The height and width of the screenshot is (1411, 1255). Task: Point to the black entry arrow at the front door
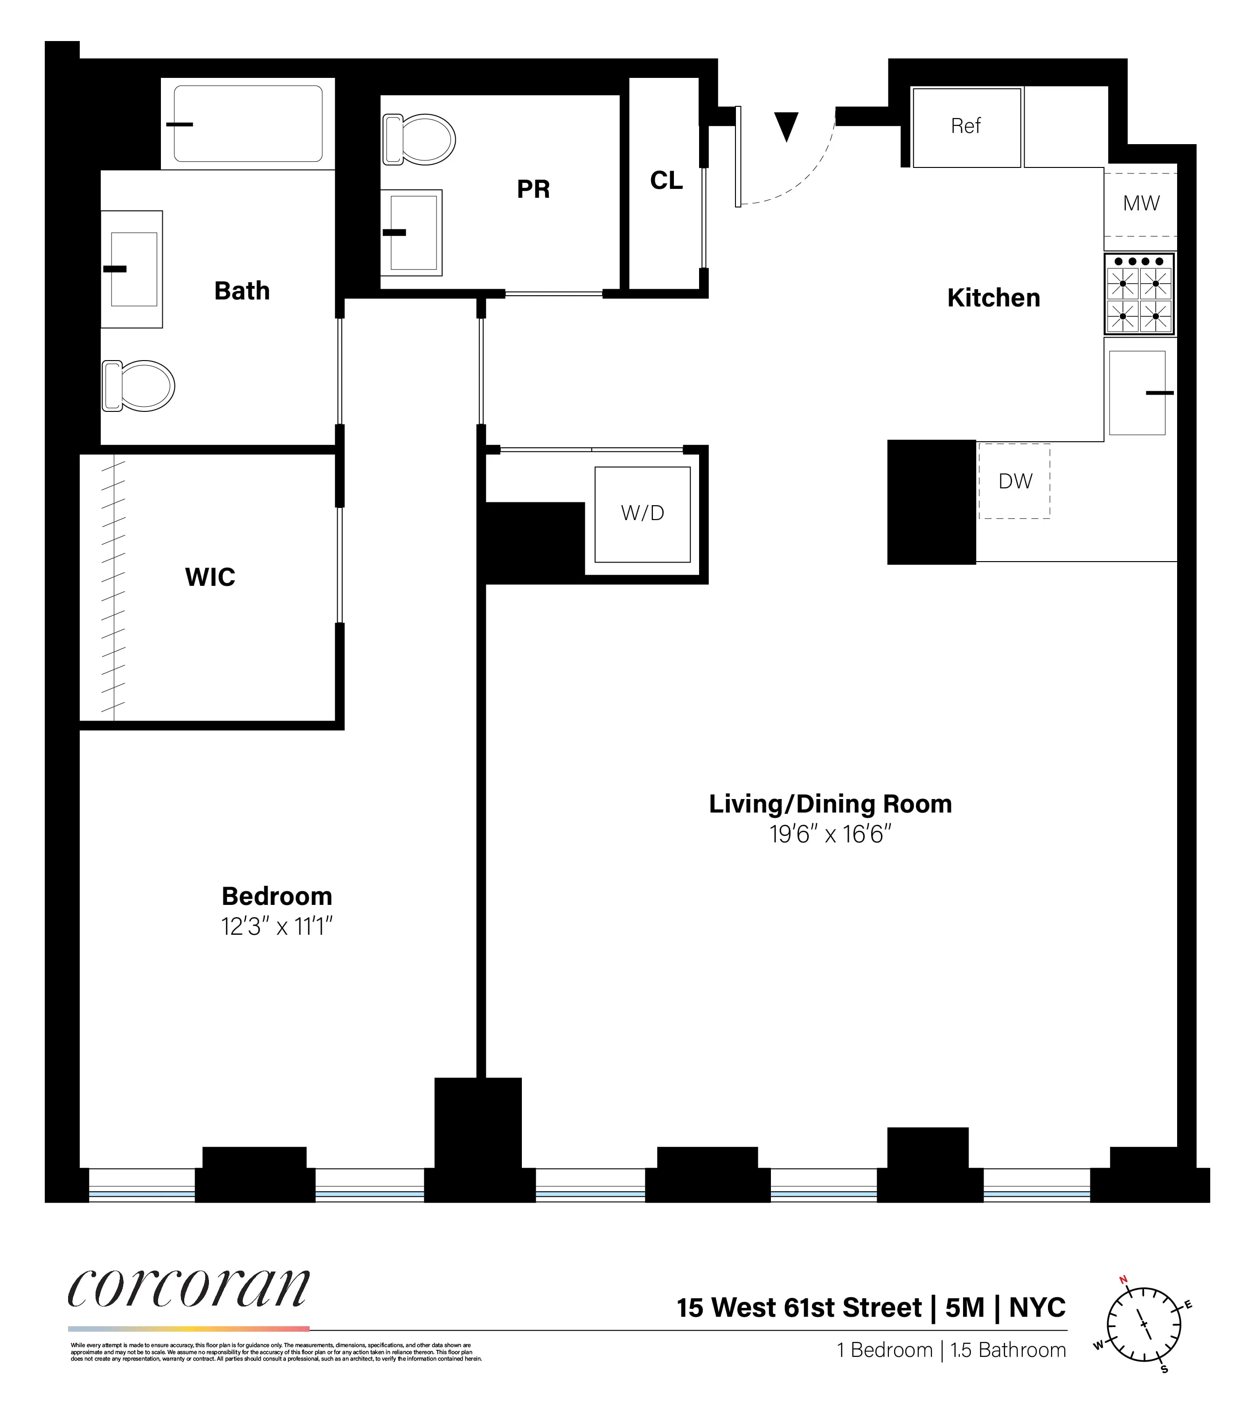tap(786, 125)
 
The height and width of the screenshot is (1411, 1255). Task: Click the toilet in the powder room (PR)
tap(419, 139)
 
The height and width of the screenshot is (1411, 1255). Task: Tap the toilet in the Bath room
tap(138, 385)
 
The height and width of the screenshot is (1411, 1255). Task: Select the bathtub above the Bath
tap(248, 124)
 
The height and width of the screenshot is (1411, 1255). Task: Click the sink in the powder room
tap(413, 233)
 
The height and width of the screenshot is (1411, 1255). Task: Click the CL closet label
tap(666, 181)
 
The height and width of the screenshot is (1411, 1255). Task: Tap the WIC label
tap(210, 577)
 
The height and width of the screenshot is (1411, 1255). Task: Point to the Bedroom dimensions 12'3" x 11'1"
tap(277, 926)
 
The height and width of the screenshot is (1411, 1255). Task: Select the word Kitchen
tap(993, 298)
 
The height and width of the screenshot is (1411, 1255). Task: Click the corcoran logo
tap(188, 1288)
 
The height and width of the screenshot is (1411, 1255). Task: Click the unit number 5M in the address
tap(964, 1307)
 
